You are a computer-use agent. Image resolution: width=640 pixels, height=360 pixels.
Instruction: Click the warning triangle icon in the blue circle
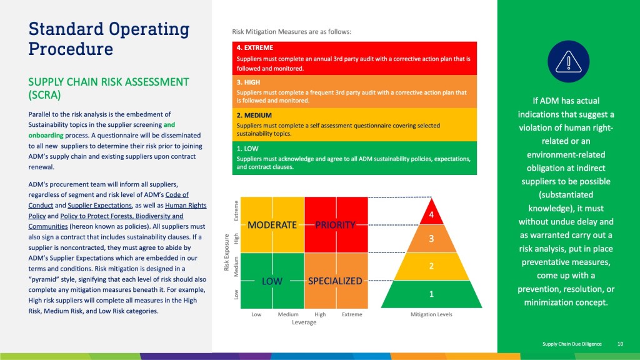pyautogui.click(x=568, y=62)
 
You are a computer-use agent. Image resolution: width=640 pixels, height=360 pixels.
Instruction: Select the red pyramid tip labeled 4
pyautogui.click(x=431, y=213)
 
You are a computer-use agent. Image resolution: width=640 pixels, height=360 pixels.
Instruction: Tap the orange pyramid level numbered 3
pyautogui.click(x=431, y=239)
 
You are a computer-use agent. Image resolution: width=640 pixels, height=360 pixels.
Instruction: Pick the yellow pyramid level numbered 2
pyautogui.click(x=431, y=266)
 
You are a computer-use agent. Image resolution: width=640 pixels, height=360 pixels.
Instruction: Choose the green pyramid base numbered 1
pyautogui.click(x=431, y=294)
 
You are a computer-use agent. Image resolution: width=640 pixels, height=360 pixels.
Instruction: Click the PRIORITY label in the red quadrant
pyautogui.click(x=335, y=225)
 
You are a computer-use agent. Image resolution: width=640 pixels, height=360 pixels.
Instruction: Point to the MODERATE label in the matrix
pyautogui.click(x=272, y=225)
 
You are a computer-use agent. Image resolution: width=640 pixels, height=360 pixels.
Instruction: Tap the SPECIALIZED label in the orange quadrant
pyautogui.click(x=335, y=281)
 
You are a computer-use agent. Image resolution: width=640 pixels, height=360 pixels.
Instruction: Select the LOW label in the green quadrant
pyautogui.click(x=272, y=281)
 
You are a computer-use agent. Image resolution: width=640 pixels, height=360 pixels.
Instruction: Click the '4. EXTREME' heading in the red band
pyautogui.click(x=255, y=47)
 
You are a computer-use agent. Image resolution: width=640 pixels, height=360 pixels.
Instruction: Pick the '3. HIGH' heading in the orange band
pyautogui.click(x=248, y=82)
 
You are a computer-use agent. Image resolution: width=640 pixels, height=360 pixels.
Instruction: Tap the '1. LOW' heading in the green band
pyautogui.click(x=247, y=149)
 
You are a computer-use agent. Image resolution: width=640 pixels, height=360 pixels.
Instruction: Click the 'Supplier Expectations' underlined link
pyautogui.click(x=99, y=205)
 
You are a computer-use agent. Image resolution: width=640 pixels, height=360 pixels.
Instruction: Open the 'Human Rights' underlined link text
pyautogui.click(x=186, y=205)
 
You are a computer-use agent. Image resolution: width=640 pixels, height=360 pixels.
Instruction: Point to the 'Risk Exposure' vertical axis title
pyautogui.click(x=226, y=252)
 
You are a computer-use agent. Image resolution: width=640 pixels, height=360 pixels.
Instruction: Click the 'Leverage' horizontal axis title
pyautogui.click(x=304, y=322)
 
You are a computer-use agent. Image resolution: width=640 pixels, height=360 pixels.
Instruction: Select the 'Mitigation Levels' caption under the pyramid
pyautogui.click(x=431, y=314)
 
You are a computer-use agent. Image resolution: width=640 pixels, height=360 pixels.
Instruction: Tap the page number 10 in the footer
pyautogui.click(x=620, y=344)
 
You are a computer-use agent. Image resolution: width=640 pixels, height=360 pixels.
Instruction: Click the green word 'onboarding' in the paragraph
pyautogui.click(x=46, y=135)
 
